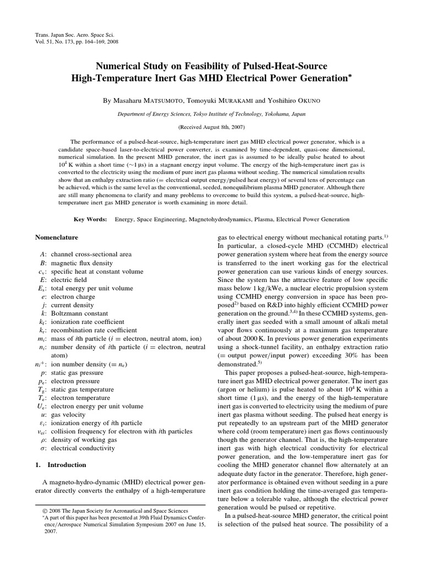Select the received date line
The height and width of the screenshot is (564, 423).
pos(211,126)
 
